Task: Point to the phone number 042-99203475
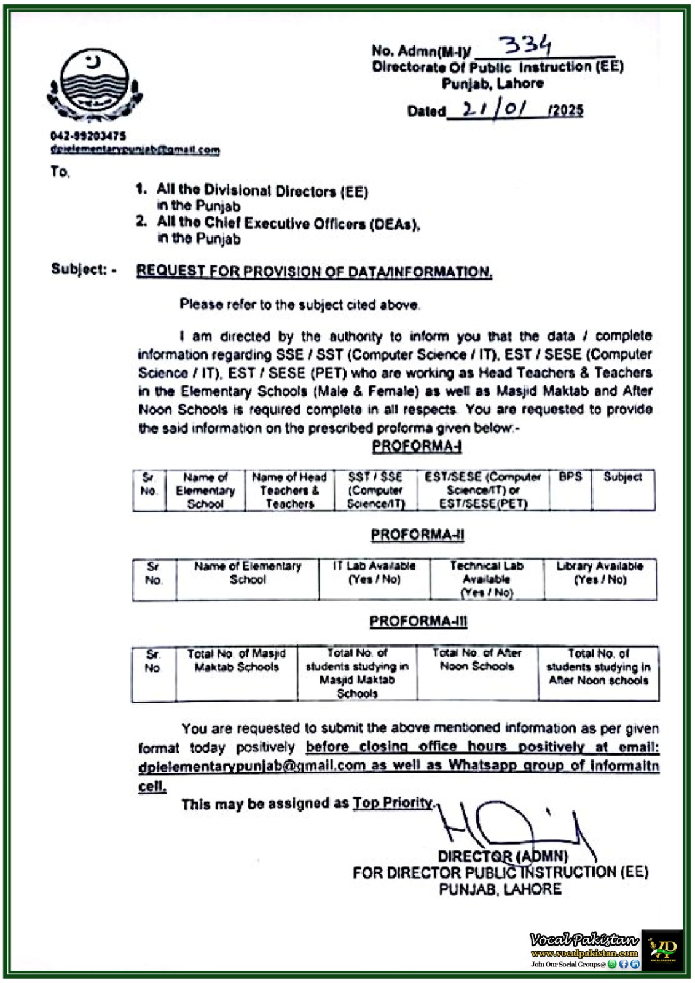click(x=88, y=136)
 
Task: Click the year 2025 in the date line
click(x=567, y=111)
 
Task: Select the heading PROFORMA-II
click(x=417, y=535)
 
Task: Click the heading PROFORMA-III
click(x=418, y=622)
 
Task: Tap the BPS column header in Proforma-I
click(x=570, y=477)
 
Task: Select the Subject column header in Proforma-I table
click(x=622, y=477)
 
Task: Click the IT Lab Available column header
click(x=374, y=573)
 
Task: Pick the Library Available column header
click(x=600, y=573)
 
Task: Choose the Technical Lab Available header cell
click(x=487, y=579)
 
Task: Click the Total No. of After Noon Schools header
click(x=477, y=659)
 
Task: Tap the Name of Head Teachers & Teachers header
click(x=289, y=490)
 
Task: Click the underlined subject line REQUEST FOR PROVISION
click(x=314, y=272)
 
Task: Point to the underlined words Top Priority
click(x=393, y=803)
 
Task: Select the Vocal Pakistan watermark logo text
click(x=584, y=940)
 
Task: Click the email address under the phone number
click(x=135, y=149)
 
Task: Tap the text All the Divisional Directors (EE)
click(x=262, y=190)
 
